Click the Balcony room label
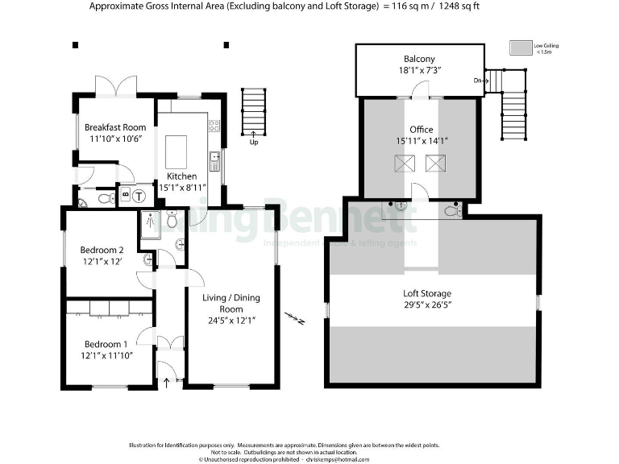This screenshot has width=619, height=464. click(419, 59)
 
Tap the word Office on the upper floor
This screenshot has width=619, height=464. click(421, 129)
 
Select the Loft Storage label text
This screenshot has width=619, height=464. click(426, 293)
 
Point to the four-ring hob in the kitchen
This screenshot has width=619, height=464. click(214, 126)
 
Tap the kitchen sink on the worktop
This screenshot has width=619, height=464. click(214, 161)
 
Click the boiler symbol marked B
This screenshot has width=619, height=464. click(124, 194)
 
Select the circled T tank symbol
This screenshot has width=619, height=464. click(139, 194)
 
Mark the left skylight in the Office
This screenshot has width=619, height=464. click(402, 164)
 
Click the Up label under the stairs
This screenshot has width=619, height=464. click(253, 142)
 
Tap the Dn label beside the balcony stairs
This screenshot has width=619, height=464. click(478, 80)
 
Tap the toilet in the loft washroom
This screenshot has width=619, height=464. click(453, 211)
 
